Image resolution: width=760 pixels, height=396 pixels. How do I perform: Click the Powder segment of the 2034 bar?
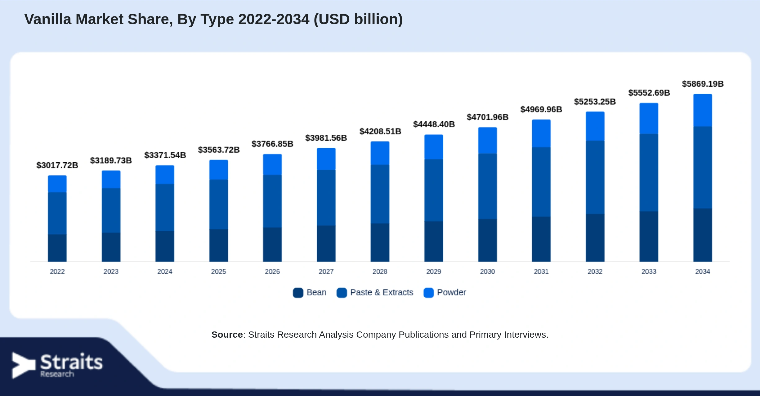703,110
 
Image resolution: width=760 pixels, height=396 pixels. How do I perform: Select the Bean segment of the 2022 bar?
57,248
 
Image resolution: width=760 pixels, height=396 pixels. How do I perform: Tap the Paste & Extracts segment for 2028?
380,194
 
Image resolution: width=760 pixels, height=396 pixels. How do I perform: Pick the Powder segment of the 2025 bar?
219,170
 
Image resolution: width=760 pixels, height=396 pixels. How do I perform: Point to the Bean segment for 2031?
541,239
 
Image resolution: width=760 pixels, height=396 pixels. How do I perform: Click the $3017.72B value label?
57,165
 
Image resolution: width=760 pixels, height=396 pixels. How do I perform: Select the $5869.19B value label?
703,84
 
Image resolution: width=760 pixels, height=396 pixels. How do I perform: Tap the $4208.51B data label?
380,131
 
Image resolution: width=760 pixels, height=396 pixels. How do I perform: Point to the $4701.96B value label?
488,117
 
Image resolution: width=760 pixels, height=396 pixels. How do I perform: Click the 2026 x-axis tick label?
272,272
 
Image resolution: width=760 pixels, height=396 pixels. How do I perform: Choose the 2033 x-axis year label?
649,272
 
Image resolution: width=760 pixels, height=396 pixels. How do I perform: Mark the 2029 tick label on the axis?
434,272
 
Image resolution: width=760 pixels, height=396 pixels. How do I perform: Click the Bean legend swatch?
298,293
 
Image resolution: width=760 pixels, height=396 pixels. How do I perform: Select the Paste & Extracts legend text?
382,292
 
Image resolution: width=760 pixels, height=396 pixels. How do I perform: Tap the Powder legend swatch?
429,293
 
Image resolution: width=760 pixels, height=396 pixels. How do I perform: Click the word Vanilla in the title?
48,19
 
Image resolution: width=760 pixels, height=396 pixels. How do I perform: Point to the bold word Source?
227,335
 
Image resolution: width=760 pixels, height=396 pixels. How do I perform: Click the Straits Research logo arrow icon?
24,365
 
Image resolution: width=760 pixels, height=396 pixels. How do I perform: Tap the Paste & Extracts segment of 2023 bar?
111,210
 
